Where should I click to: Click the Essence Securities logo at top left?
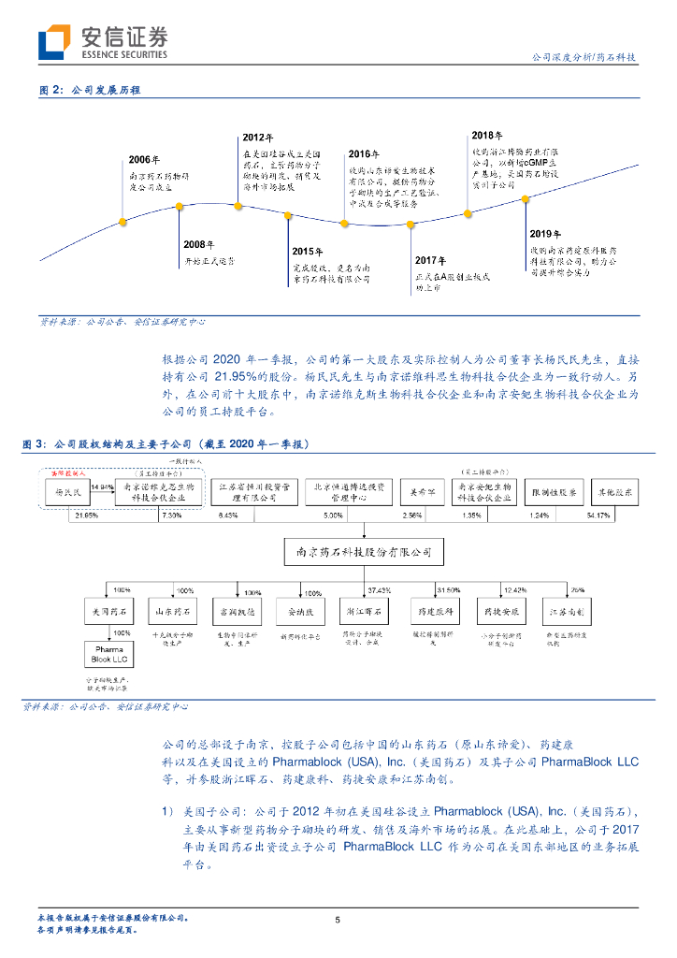[x=103, y=42]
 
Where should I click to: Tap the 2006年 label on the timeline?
[x=144, y=159]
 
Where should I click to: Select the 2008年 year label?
[x=199, y=244]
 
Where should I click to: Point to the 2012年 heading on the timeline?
[x=257, y=138]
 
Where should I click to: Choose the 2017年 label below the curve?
[x=430, y=259]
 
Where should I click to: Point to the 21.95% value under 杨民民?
[x=87, y=515]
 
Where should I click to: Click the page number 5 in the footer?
[x=338, y=921]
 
